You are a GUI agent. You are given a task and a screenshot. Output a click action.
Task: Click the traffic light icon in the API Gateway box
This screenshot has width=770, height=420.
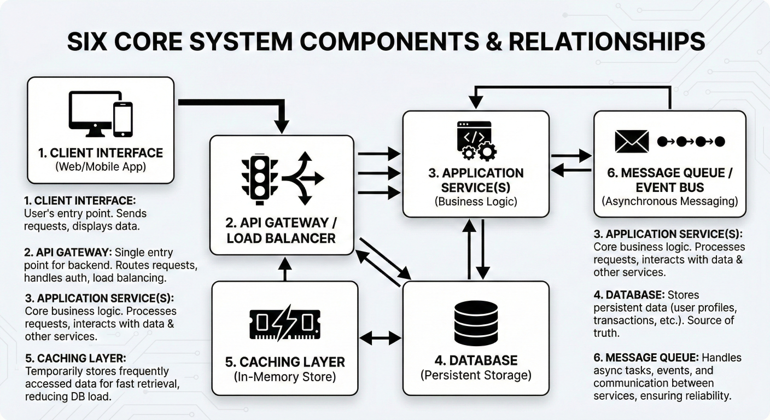coord(260,177)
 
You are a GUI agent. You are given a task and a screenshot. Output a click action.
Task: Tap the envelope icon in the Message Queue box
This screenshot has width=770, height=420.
coord(631,141)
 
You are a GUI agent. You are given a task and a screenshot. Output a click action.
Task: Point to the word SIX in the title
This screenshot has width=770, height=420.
coord(91,42)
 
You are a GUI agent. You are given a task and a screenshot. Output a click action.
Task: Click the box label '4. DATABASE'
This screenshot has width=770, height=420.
coord(476,360)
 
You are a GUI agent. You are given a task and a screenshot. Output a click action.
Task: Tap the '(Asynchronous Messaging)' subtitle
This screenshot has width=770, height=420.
coord(669,201)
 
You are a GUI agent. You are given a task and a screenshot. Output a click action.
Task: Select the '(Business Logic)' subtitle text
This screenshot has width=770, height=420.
coord(475,201)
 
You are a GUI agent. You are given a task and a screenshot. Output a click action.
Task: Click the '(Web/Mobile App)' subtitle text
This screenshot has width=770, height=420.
coord(101,167)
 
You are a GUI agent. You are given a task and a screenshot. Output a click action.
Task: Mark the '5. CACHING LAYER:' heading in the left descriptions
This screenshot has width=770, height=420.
coord(76,358)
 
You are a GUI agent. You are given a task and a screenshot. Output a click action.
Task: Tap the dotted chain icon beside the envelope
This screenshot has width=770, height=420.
coord(691,142)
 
